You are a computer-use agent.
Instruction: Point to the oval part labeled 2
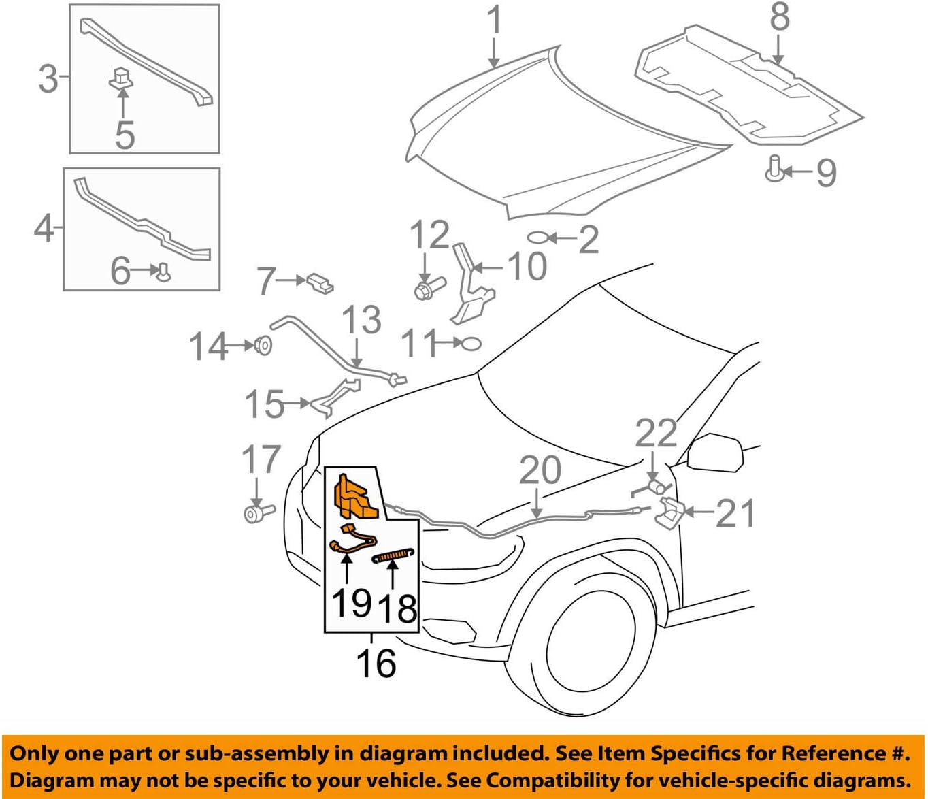(x=537, y=238)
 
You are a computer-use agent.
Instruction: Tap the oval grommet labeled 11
(x=471, y=344)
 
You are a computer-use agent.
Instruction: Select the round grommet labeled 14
(x=263, y=346)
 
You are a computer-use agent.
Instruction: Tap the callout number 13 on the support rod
(x=361, y=320)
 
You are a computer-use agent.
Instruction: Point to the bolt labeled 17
(x=257, y=511)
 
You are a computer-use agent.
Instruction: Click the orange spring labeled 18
(x=393, y=557)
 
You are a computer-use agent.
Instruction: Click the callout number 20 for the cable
(x=540, y=471)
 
